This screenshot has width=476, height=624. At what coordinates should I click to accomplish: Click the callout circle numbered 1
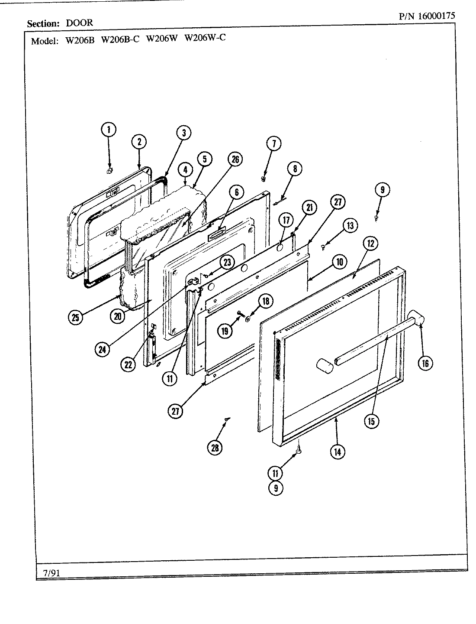click(x=109, y=129)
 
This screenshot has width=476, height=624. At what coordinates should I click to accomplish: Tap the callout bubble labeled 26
click(x=235, y=159)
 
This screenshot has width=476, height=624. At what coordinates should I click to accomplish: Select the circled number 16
click(x=425, y=363)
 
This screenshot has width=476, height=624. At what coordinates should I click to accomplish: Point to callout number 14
click(x=337, y=451)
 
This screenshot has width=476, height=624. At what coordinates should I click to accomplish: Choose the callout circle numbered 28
click(x=214, y=448)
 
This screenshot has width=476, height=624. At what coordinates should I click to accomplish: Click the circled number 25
click(x=76, y=317)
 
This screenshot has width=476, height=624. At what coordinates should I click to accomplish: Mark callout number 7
click(x=273, y=143)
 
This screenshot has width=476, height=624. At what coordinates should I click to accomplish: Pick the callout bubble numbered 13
click(x=350, y=225)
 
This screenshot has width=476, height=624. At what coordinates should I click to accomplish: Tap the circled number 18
click(x=265, y=301)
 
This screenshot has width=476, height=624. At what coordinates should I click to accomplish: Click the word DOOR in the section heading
click(x=79, y=23)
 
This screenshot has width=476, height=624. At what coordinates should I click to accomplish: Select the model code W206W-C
click(x=205, y=38)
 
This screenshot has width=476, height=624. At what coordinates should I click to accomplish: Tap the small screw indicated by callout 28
click(x=226, y=419)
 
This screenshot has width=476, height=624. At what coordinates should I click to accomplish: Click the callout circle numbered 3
click(x=183, y=133)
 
